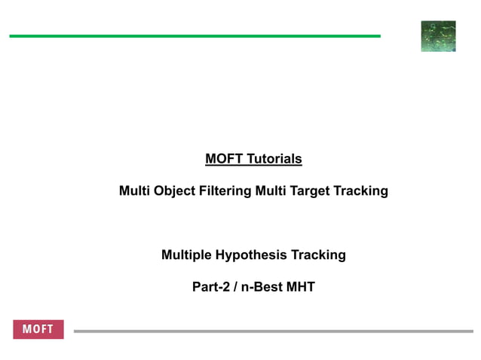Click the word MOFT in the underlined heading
[x=223, y=159]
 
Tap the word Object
[x=172, y=191]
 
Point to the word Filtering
[x=225, y=191]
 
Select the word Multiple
[x=187, y=255]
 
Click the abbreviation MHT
[x=301, y=287]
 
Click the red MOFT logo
[x=38, y=330]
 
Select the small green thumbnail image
[x=438, y=36]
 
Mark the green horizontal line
[x=195, y=35]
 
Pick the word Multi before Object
[x=134, y=191]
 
